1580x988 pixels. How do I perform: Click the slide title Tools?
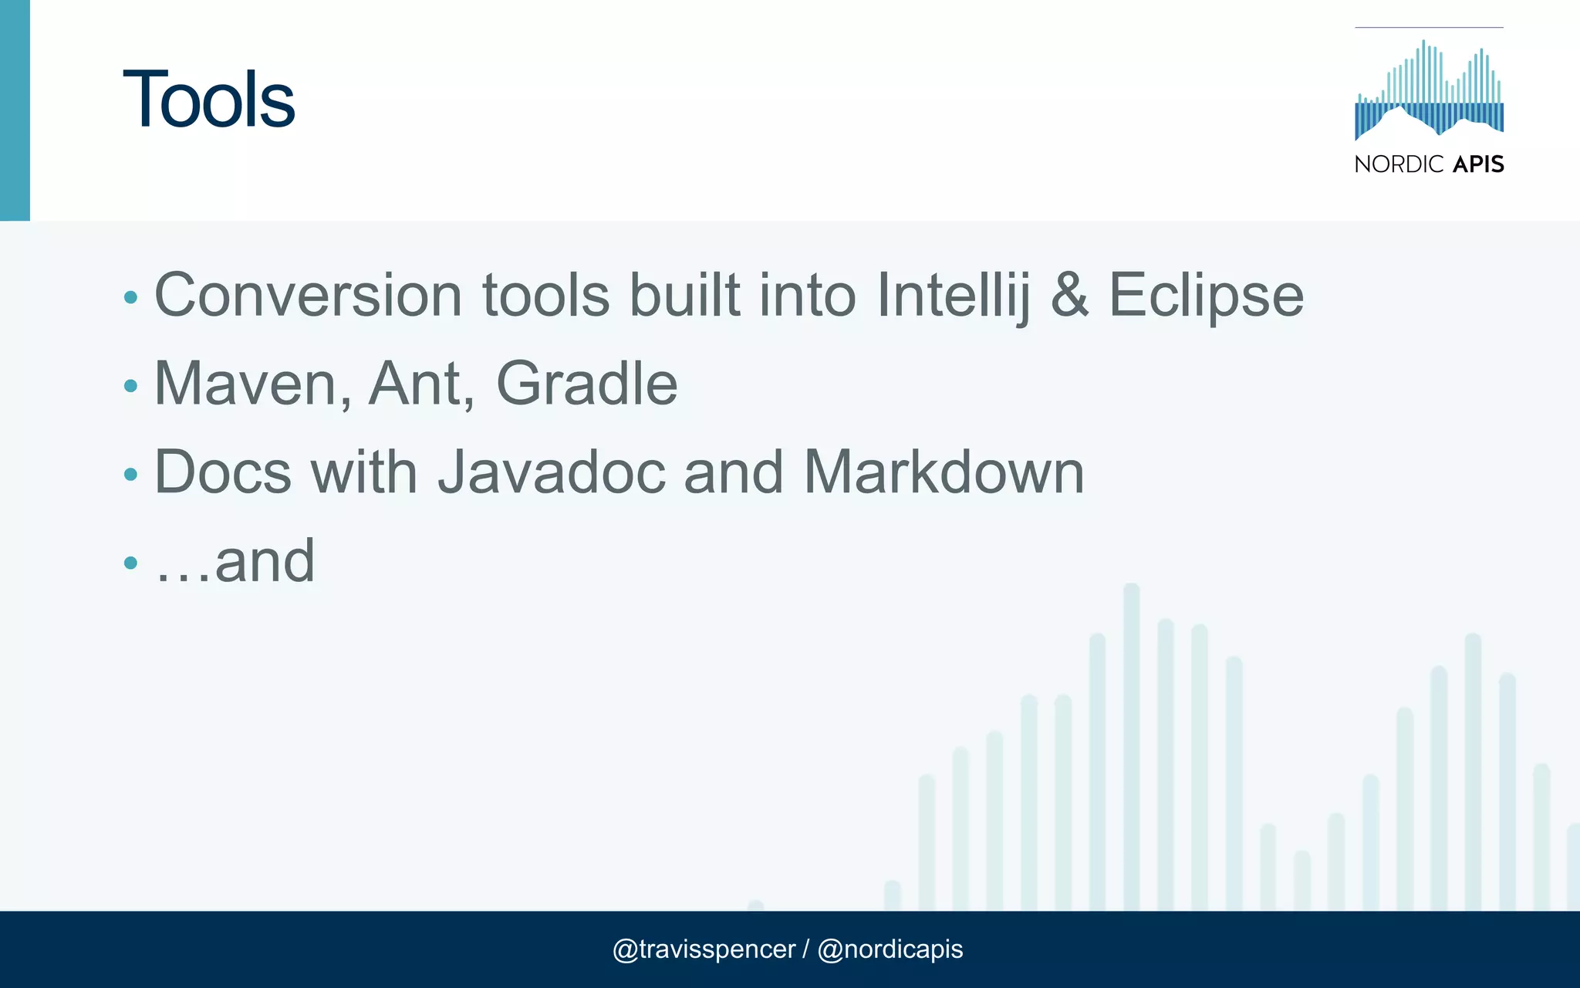click(x=208, y=100)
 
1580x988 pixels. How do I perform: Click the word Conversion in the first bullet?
click(x=308, y=296)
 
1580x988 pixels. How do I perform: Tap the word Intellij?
click(x=953, y=296)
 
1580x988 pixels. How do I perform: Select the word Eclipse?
click(x=1206, y=296)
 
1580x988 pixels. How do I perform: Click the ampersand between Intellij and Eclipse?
click(x=1070, y=296)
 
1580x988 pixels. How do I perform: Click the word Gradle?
click(x=586, y=384)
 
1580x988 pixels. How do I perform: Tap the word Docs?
click(x=223, y=472)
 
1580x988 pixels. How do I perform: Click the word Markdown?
click(x=944, y=472)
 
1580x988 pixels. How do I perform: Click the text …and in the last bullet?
click(x=235, y=561)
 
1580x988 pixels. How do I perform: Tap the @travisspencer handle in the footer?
click(x=703, y=949)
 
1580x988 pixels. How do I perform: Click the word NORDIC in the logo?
click(x=1399, y=164)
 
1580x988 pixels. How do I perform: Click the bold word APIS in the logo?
click(x=1478, y=164)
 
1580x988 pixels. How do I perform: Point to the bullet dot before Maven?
click(x=130, y=386)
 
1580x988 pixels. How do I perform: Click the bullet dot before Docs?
click(x=130, y=475)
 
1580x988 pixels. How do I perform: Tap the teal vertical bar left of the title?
click(x=15, y=110)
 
